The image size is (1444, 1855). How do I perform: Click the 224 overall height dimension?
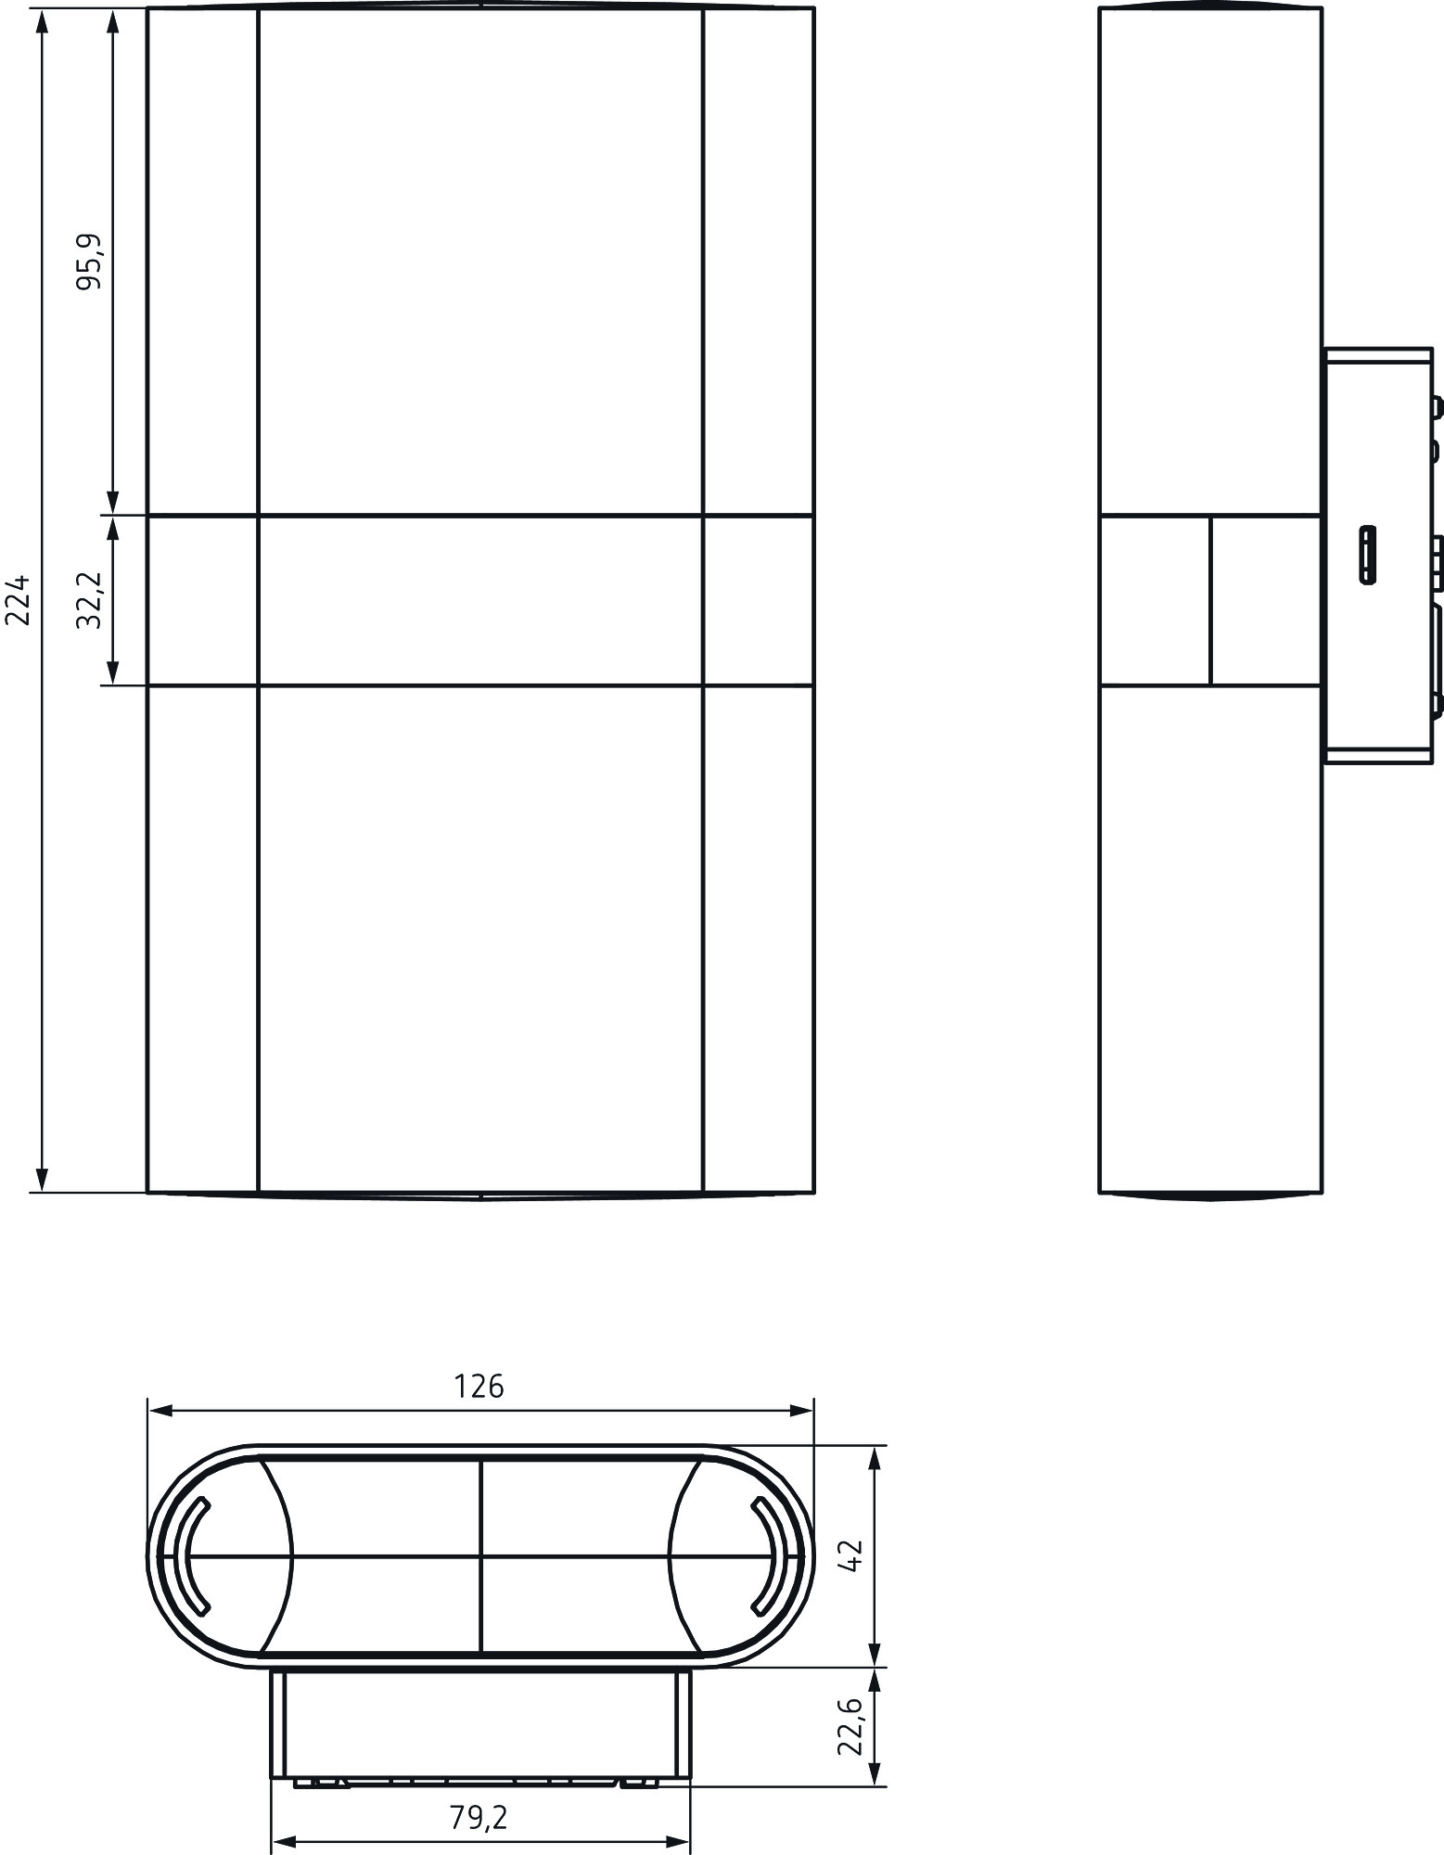coord(19,600)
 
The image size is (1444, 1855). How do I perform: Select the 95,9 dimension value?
coord(91,262)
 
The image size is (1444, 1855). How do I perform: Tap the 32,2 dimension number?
coord(91,601)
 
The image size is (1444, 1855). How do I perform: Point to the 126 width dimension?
coord(479,1387)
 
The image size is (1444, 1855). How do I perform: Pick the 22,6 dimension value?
coord(850,1726)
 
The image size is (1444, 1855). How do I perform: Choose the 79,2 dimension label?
coord(479,1818)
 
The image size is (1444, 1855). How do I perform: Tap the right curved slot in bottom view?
coord(769,1555)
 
